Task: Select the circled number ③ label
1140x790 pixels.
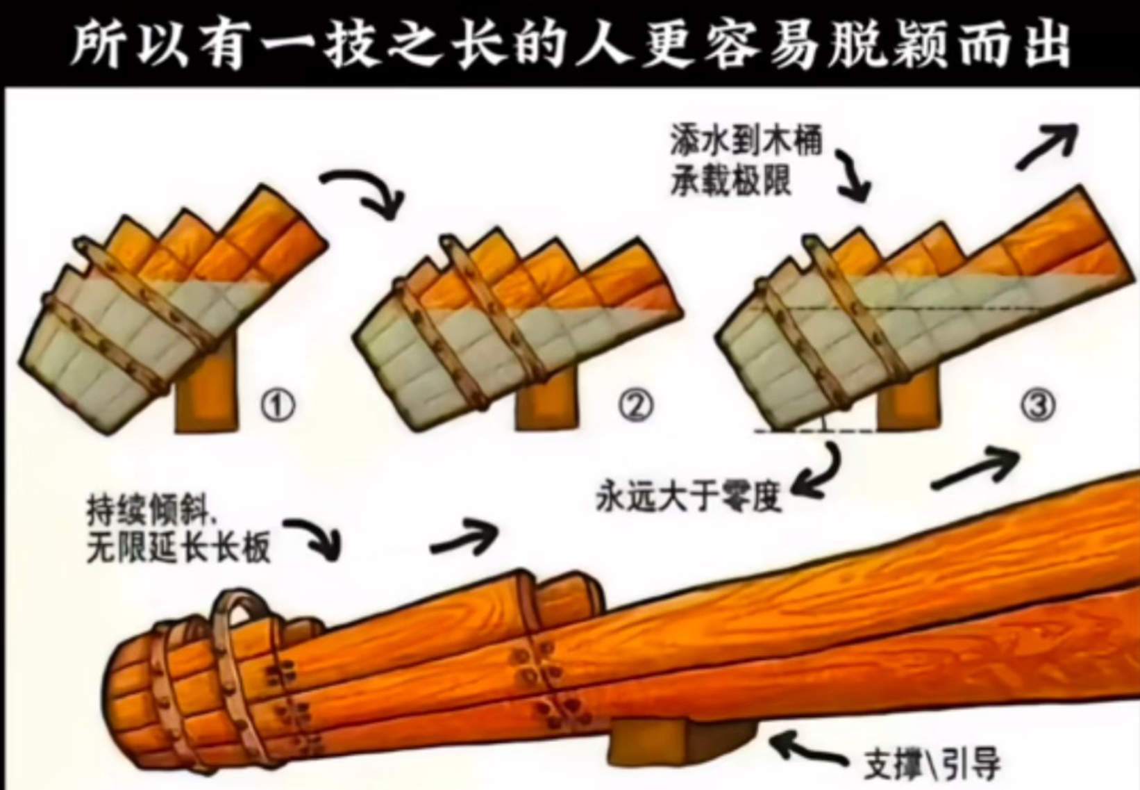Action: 1038,405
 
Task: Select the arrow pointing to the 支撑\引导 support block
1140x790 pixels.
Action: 809,750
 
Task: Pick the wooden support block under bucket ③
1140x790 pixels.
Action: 905,410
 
